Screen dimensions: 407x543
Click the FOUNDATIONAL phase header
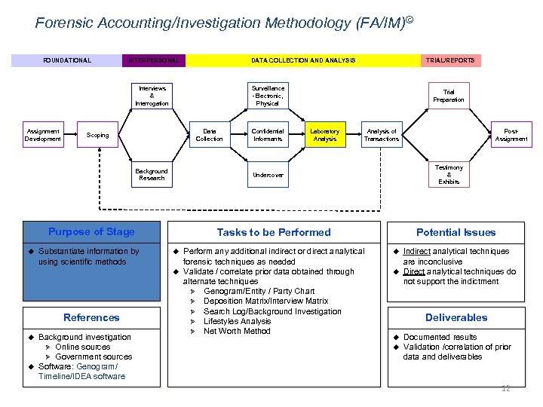(x=66, y=60)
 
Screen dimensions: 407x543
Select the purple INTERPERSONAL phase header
(x=153, y=60)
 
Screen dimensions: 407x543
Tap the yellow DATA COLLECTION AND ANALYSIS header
(x=302, y=60)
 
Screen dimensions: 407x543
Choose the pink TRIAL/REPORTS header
(x=450, y=60)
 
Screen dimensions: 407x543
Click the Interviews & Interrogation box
(x=152, y=96)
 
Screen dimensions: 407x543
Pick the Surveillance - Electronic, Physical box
(x=268, y=96)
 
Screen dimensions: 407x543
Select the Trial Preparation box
(x=449, y=96)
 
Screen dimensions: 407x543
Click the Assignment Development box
(x=42, y=135)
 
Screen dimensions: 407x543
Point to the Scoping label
(x=97, y=136)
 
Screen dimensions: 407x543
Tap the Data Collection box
(x=209, y=135)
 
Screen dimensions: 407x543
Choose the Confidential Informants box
(x=268, y=135)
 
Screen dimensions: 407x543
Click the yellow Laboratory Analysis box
(x=325, y=135)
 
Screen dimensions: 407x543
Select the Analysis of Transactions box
(x=381, y=135)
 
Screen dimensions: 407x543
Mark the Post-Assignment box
(x=511, y=135)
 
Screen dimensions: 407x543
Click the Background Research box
(x=152, y=175)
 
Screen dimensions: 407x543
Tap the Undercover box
(x=268, y=175)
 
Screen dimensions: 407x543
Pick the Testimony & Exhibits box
(x=449, y=175)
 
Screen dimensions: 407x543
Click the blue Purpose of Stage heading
(x=91, y=232)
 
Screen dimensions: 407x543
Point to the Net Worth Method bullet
(x=237, y=331)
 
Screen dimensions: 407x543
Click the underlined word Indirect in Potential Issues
(x=417, y=251)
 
